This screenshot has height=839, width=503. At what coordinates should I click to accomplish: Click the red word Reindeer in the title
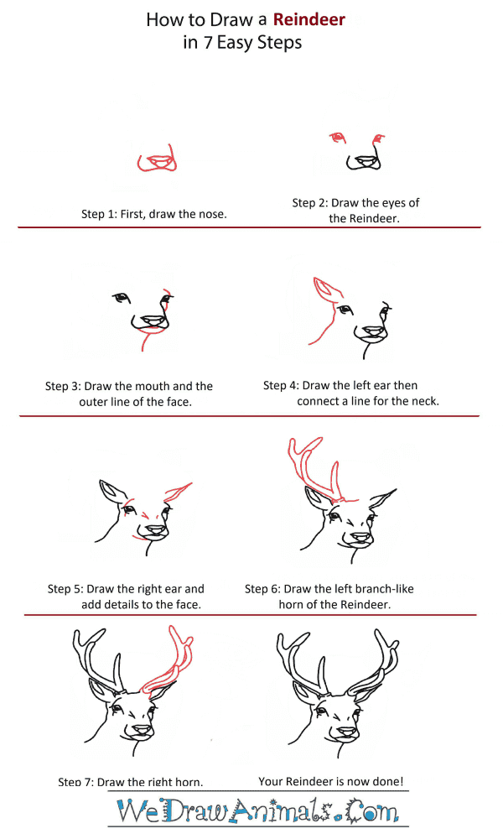tap(309, 20)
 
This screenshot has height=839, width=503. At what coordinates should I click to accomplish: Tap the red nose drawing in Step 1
tap(157, 159)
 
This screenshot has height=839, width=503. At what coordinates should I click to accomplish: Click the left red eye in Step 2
tap(337, 137)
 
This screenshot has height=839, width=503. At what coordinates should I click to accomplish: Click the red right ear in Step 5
tap(179, 492)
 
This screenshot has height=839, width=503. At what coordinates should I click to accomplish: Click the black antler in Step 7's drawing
tap(98, 658)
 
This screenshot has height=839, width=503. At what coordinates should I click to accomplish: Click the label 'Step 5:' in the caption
tap(65, 589)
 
